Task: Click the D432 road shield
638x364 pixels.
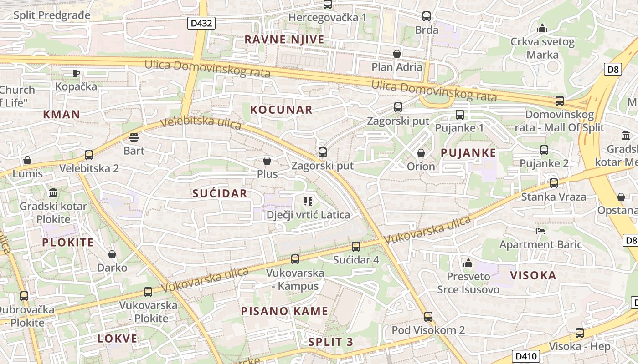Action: click(201, 23)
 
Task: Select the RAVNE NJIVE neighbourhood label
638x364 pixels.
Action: click(284, 40)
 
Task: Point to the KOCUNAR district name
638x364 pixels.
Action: click(281, 110)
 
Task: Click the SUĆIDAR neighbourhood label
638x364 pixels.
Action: click(220, 193)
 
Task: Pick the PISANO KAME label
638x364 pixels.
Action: click(284, 311)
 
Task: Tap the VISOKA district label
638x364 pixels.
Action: click(533, 275)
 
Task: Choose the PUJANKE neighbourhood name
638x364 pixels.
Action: click(468, 153)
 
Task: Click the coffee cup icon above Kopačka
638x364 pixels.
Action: click(76, 73)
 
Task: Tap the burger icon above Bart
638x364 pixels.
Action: click(134, 136)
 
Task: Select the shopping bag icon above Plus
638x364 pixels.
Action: click(267, 161)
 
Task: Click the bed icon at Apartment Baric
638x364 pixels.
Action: click(540, 231)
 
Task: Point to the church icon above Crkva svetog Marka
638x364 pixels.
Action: click(542, 28)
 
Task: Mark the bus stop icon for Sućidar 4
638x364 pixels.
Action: click(356, 247)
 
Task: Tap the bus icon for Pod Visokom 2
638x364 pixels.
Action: click(428, 317)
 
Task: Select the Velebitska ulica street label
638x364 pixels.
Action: click(201, 123)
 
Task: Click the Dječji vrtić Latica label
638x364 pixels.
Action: click(308, 215)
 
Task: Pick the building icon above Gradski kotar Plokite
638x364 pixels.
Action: click(53, 192)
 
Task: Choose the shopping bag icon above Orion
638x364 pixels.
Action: click(421, 153)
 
